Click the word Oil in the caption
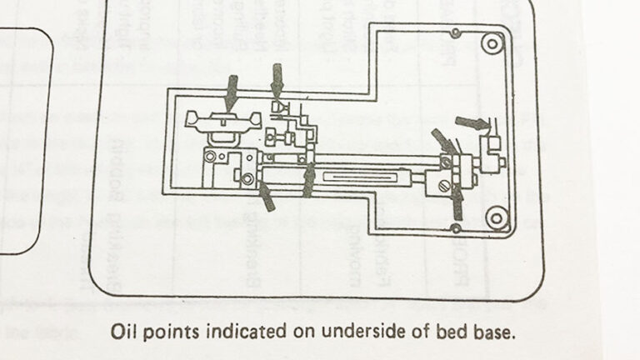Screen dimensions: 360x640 (x=123, y=331)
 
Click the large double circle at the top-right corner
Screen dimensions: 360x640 (x=493, y=42)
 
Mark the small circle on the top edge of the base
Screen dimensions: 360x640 (x=454, y=33)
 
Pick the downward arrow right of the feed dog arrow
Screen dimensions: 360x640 (x=277, y=82)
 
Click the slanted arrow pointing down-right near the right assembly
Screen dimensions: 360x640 (x=442, y=142)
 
